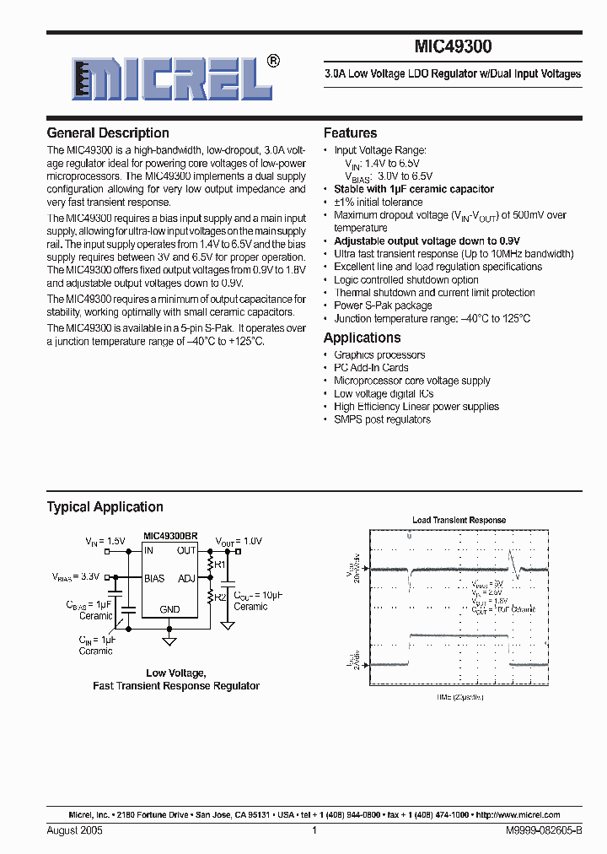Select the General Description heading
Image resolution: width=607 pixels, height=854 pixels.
(x=108, y=132)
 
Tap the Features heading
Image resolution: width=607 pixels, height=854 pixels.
(x=350, y=132)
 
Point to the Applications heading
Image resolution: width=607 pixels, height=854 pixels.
(x=362, y=338)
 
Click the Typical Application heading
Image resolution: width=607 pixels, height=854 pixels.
(x=105, y=506)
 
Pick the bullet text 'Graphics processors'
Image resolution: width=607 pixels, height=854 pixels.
(x=379, y=355)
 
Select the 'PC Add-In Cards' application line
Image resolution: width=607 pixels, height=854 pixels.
(x=371, y=368)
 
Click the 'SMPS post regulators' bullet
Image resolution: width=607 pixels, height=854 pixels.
(x=382, y=419)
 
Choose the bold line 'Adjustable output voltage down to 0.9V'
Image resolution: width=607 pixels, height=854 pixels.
(x=427, y=241)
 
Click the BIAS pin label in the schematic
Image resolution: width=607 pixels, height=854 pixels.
(x=154, y=578)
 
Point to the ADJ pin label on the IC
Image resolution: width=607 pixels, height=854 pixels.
(x=186, y=578)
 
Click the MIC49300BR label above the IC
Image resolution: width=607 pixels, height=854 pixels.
(x=170, y=537)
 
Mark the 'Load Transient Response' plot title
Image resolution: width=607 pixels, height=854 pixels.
(x=459, y=520)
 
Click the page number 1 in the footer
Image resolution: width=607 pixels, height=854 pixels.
(x=314, y=830)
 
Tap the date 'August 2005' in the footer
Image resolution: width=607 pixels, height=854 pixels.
(x=75, y=830)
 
